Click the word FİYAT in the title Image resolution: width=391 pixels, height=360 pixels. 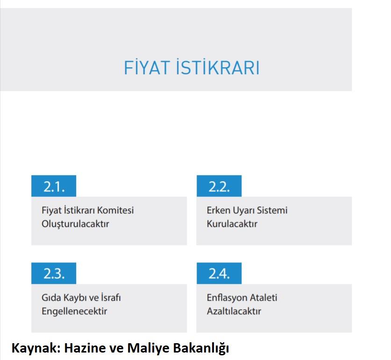coord(147,67)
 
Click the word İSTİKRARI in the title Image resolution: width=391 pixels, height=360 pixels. coord(218,67)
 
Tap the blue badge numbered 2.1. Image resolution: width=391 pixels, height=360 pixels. coord(54,186)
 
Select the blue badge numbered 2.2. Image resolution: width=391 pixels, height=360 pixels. coord(219,186)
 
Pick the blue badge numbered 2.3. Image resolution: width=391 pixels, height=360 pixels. coord(54,273)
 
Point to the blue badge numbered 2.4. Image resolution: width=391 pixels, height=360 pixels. coord(219,273)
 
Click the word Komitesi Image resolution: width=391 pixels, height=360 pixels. coord(115,210)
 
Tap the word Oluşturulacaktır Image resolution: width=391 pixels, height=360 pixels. coord(75,224)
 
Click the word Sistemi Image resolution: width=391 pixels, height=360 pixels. coord(272,210)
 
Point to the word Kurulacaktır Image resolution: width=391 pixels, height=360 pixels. coord(232,224)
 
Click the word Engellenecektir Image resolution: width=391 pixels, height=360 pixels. coord(74,311)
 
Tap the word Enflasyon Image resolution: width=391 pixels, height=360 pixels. coord(227,298)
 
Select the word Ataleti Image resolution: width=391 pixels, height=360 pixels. coord(263,297)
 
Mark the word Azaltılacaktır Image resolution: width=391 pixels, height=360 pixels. coord(234,311)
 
